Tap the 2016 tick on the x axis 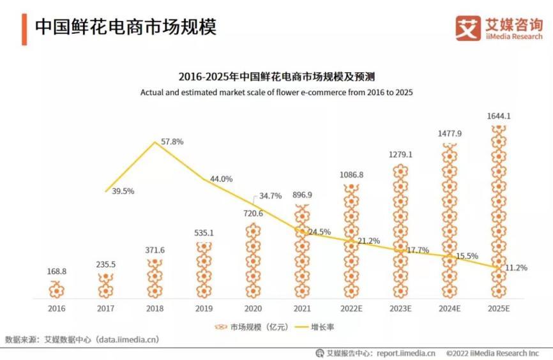point(57,308)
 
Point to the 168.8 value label point(56,271)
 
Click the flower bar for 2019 point(204,271)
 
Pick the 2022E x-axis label point(352,308)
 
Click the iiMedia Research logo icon point(468,27)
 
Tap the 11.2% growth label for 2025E point(516,268)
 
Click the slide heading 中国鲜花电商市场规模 point(125,27)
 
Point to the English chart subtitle point(276,93)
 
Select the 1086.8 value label point(352,174)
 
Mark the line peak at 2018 point(155,142)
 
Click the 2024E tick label point(450,308)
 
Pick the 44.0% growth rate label point(221,179)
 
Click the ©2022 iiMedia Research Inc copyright point(492,353)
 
